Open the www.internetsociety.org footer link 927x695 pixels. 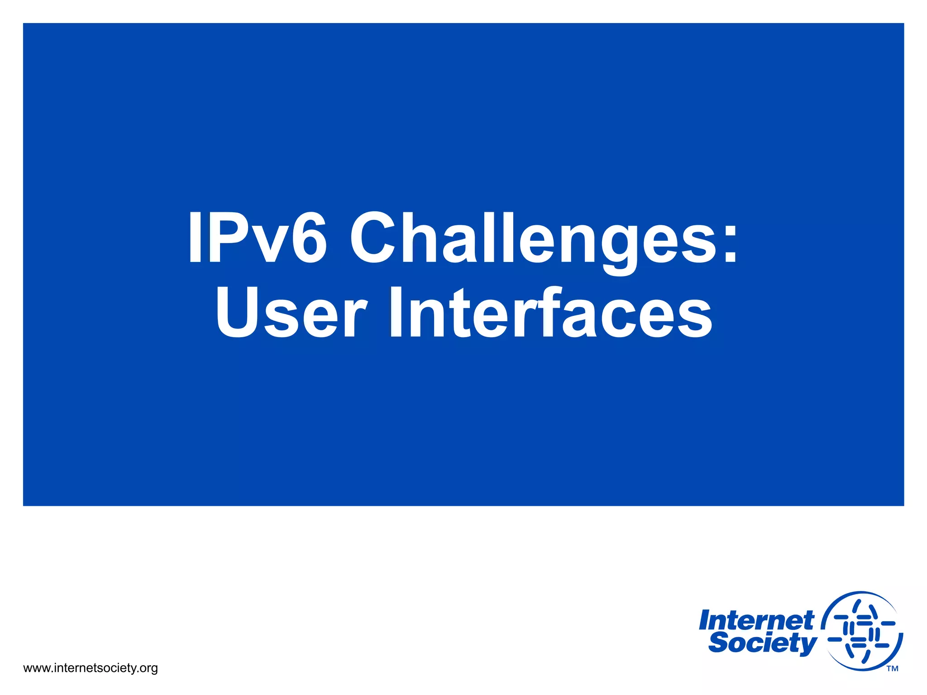90,668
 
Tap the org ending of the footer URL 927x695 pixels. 148,669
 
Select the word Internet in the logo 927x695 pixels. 756,621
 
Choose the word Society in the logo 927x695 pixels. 762,643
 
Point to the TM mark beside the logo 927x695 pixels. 892,669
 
